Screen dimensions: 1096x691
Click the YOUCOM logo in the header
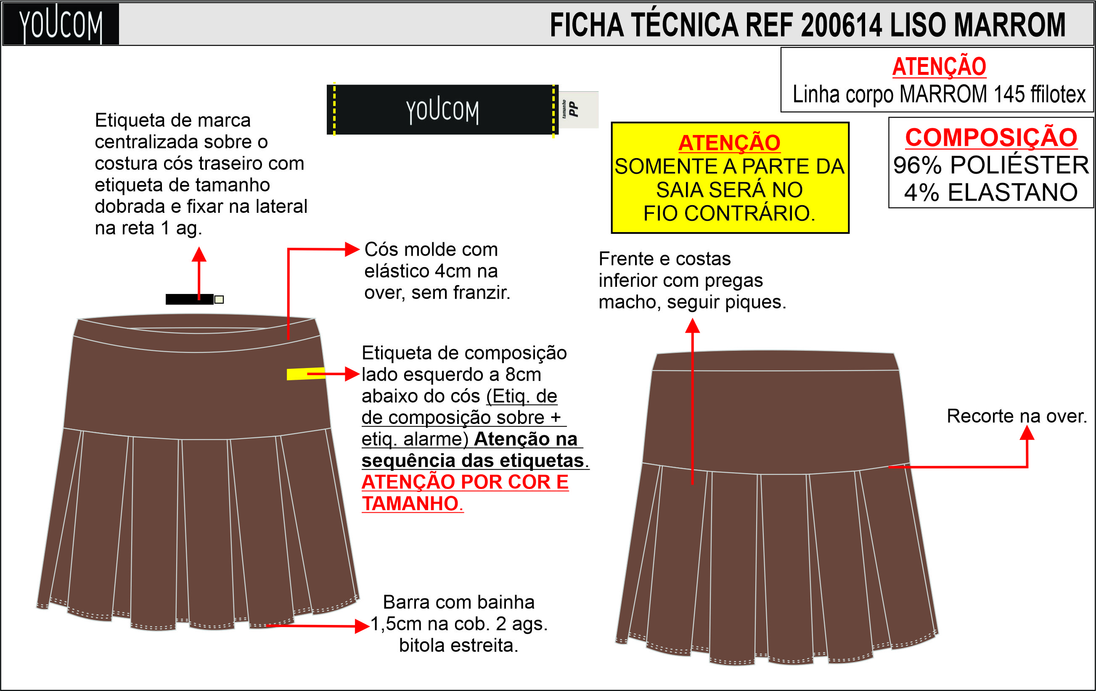click(61, 24)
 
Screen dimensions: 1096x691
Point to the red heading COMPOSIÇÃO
click(991, 138)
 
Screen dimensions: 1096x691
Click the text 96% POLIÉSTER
click(991, 165)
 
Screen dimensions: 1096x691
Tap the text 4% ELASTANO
click(991, 192)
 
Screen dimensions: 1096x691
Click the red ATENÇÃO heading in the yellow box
click(730, 143)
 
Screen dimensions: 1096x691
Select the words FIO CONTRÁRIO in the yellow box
click(729, 213)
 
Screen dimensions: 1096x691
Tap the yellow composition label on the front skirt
click(306, 374)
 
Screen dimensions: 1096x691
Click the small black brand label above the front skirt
click(189, 299)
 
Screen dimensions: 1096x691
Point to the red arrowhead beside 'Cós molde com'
click(352, 249)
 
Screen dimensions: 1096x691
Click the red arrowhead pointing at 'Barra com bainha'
click(362, 626)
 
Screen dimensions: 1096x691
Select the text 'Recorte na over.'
click(1017, 416)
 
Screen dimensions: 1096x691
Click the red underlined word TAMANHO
click(412, 503)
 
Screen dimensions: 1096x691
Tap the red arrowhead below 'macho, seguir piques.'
click(692, 326)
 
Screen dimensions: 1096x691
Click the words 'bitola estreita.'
click(459, 646)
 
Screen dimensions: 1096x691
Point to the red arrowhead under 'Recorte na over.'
click(1027, 432)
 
